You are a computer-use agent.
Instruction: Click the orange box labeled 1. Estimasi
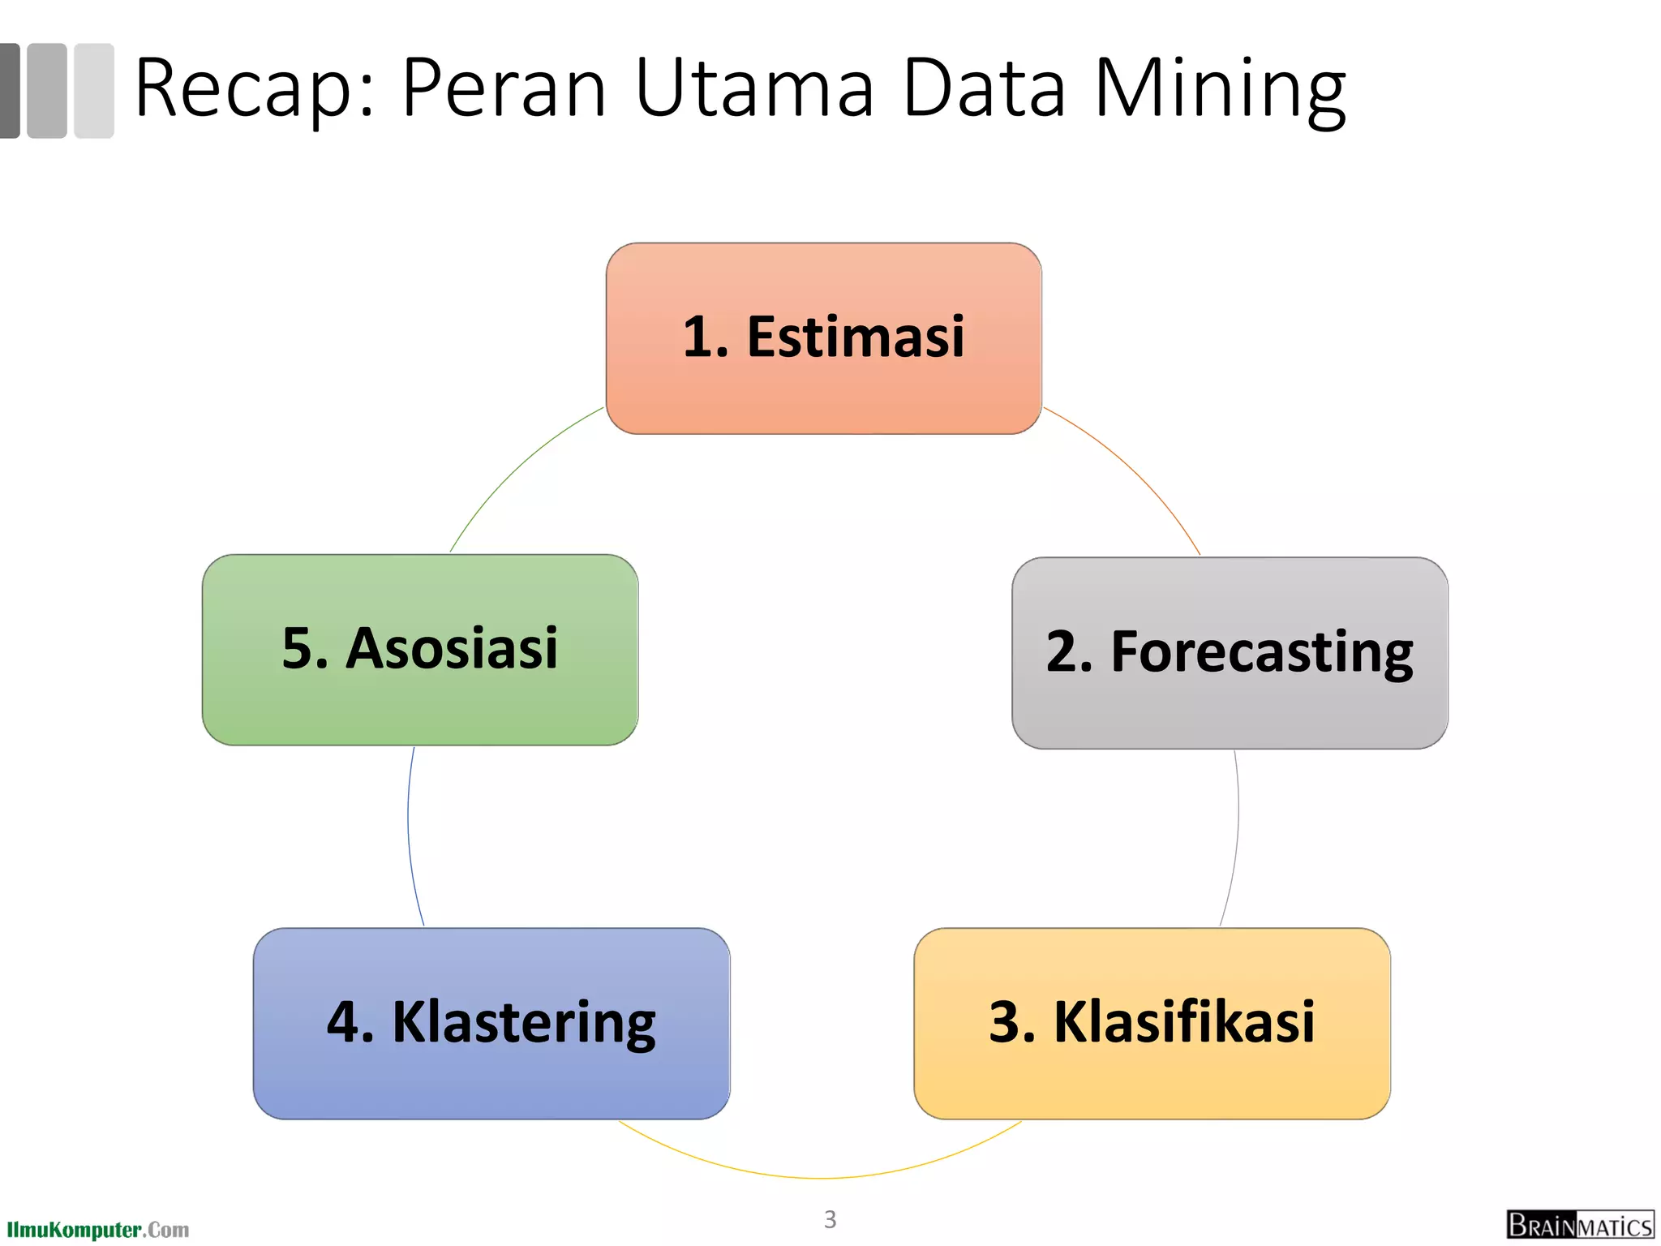[823, 337]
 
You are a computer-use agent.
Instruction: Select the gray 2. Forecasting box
[1230, 652]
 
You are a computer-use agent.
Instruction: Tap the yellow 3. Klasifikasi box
[1152, 1023]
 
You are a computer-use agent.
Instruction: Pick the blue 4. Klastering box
[491, 1023]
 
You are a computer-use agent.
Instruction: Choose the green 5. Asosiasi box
[420, 649]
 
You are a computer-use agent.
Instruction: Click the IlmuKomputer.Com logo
[97, 1230]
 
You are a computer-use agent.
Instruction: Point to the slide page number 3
[830, 1219]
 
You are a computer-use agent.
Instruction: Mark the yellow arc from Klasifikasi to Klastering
[819, 1177]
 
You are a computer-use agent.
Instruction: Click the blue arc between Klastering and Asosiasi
[410, 836]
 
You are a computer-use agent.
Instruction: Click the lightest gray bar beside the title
[94, 90]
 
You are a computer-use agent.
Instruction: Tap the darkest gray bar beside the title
[9, 90]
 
